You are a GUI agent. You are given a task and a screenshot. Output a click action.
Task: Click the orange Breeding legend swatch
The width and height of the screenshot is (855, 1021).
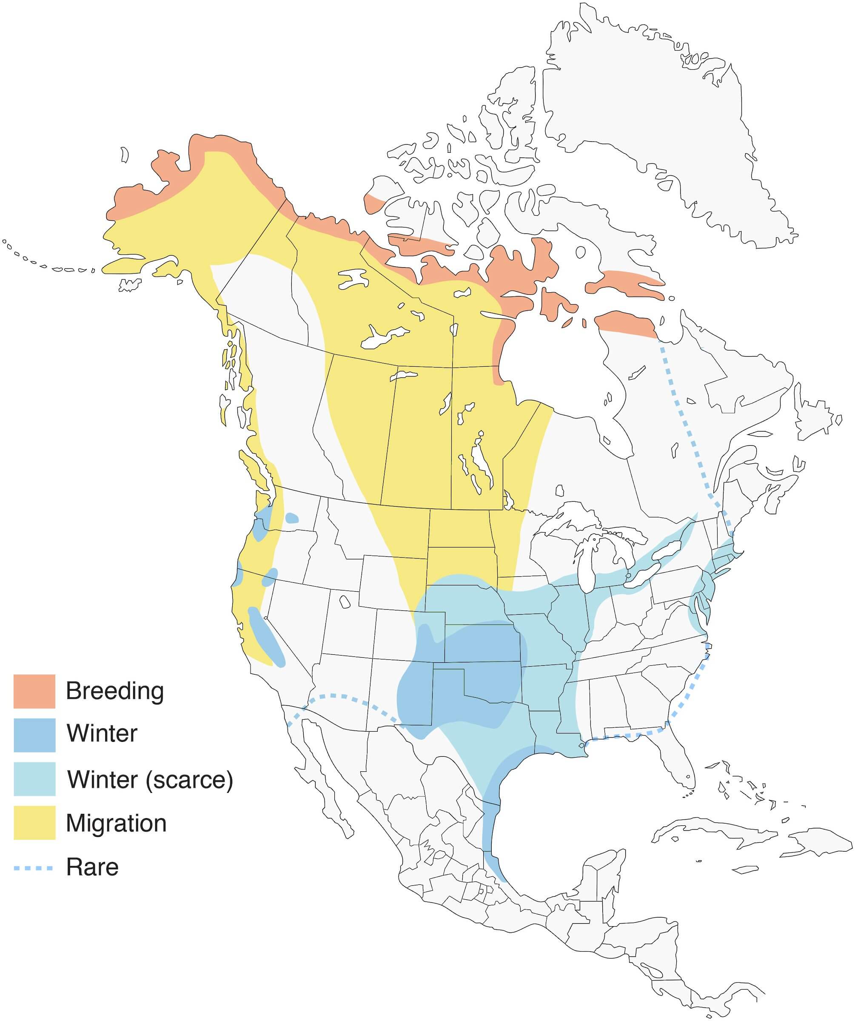(x=34, y=691)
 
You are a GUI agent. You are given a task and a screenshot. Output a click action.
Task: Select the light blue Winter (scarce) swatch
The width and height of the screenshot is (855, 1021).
(x=34, y=779)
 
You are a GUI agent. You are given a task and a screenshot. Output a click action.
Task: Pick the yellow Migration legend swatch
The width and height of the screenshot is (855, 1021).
(x=34, y=823)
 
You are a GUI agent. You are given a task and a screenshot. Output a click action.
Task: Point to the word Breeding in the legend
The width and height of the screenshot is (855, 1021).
(x=115, y=691)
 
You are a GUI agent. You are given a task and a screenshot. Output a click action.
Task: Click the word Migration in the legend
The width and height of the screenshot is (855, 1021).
(x=116, y=823)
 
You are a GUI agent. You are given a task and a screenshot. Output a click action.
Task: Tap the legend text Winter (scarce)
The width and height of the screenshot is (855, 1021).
(x=150, y=779)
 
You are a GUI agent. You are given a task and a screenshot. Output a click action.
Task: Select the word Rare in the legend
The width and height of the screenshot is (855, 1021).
(x=92, y=868)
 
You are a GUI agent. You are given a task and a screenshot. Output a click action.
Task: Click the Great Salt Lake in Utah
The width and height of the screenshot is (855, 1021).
(x=345, y=602)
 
